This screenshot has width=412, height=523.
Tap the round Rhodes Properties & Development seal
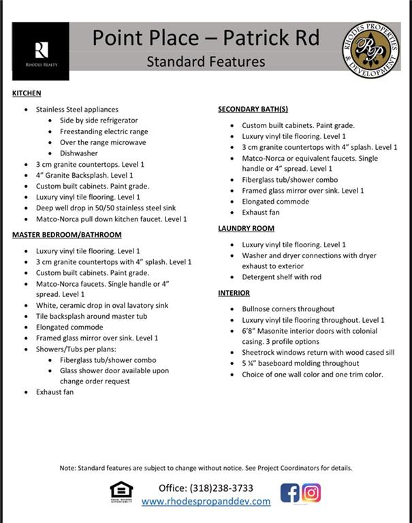[371, 49]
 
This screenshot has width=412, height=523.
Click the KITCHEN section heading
[27, 93]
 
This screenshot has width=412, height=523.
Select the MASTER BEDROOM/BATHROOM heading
[67, 235]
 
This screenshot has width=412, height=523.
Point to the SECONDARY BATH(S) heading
[253, 109]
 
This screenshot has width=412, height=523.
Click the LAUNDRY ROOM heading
[246, 229]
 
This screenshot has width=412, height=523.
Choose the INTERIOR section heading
[234, 293]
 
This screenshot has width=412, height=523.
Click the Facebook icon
[290, 492]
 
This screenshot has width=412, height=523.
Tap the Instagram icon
[311, 492]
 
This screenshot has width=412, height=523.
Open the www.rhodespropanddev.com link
[206, 501]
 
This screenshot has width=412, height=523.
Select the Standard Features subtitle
[206, 62]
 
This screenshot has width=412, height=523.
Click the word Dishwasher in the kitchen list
[79, 153]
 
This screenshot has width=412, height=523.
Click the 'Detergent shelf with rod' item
[282, 277]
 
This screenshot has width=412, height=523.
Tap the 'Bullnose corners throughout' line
[288, 309]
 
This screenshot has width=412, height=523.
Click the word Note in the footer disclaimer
[67, 469]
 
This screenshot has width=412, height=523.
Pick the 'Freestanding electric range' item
[104, 131]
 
